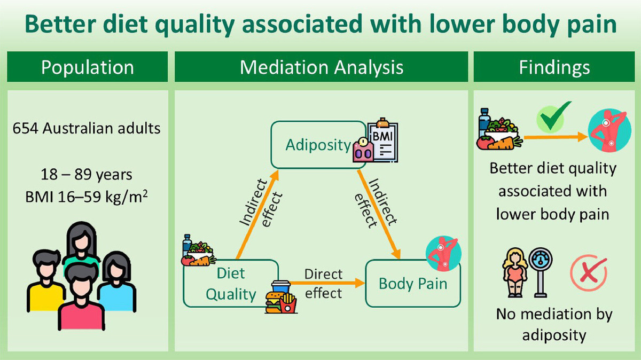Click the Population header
point(88,68)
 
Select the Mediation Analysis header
point(321,68)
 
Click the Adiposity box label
point(318,145)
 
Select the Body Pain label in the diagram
point(412,283)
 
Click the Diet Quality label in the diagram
point(231,284)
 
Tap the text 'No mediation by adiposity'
point(553,324)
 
